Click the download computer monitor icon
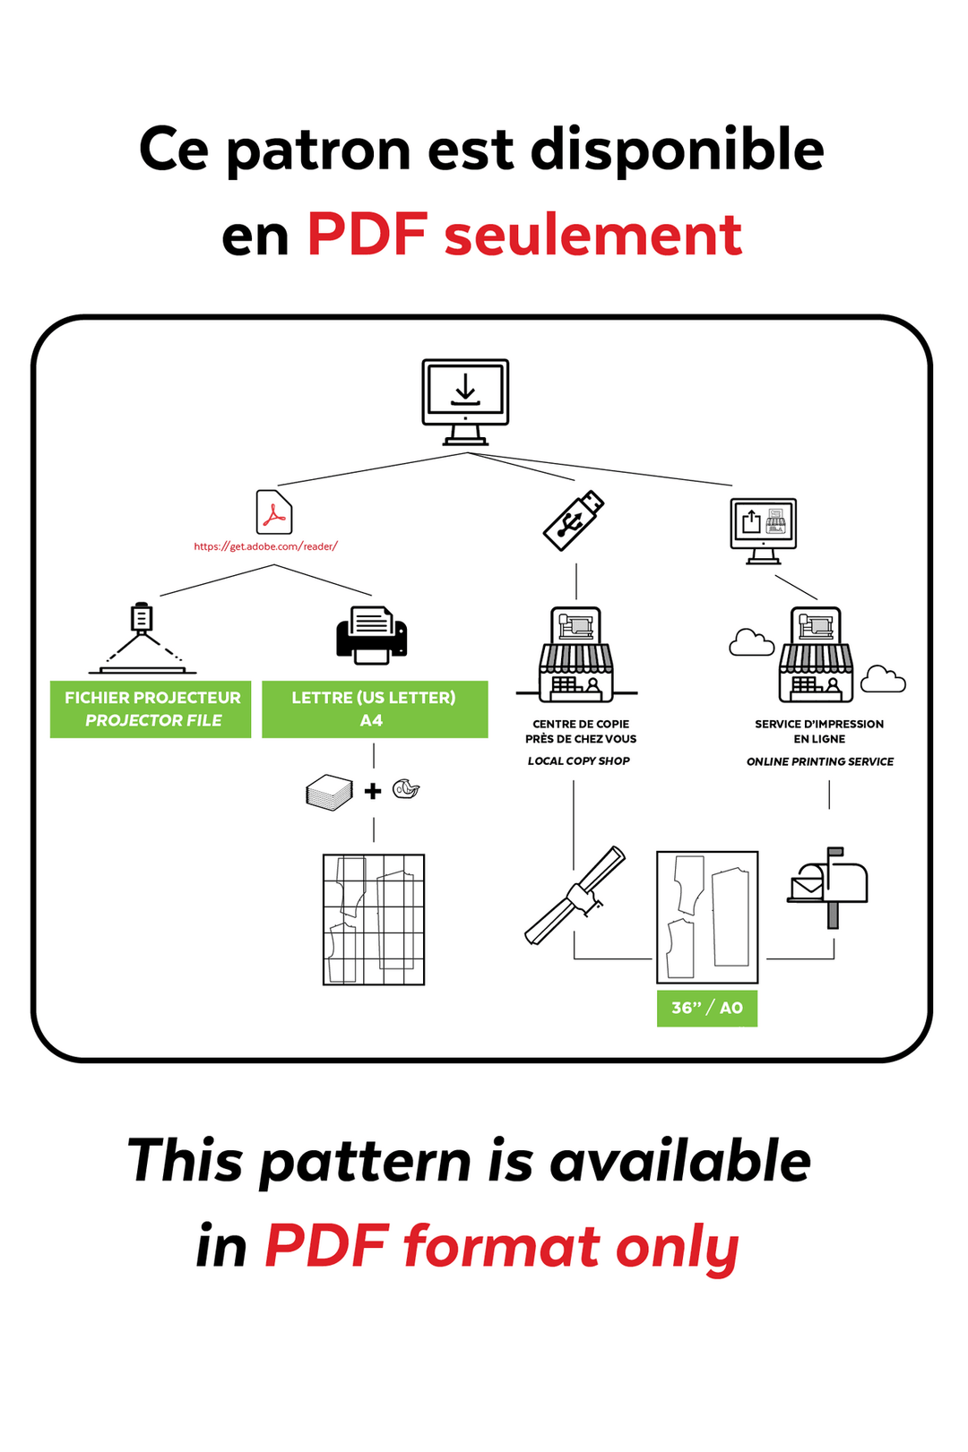tap(465, 401)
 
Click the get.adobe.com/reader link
tap(265, 546)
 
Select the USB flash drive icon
tap(574, 520)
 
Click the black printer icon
tap(371, 635)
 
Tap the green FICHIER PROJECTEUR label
tap(151, 709)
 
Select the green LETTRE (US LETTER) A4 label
tap(374, 709)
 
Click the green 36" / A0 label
tap(706, 1008)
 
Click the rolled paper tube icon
tap(575, 895)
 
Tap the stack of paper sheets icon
tap(330, 792)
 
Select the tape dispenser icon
tap(406, 789)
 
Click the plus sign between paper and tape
tap(373, 791)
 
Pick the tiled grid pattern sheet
tap(374, 919)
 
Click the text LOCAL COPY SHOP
tap(578, 760)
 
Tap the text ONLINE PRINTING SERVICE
tap(819, 761)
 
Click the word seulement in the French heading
tap(592, 236)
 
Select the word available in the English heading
tap(680, 1161)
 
